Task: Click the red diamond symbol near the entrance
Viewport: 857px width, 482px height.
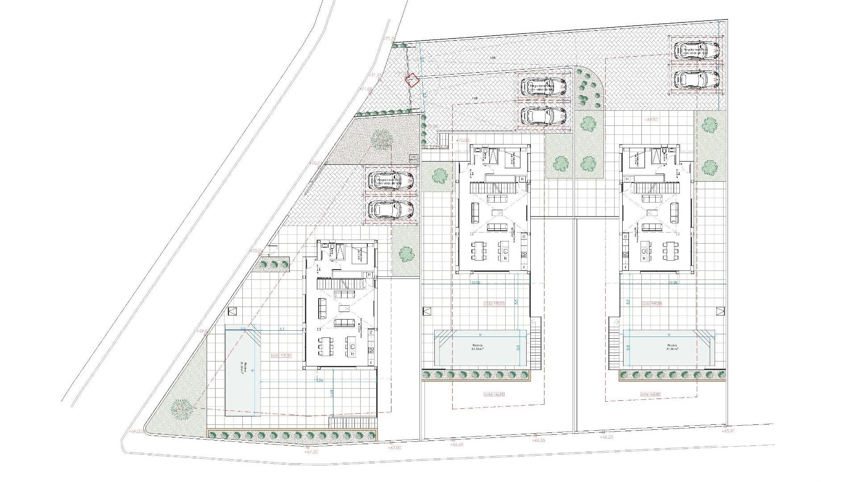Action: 412,80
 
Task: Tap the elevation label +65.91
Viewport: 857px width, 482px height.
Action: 729,432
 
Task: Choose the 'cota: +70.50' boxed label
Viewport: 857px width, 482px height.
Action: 281,355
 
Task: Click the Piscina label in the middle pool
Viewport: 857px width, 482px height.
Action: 483,346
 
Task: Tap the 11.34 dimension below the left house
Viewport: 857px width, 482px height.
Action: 319,380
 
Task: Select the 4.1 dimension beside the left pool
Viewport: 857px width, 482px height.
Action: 282,329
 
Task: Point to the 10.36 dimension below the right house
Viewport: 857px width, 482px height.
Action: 673,283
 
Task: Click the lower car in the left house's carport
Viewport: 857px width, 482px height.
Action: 391,209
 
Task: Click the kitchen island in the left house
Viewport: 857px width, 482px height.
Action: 350,344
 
